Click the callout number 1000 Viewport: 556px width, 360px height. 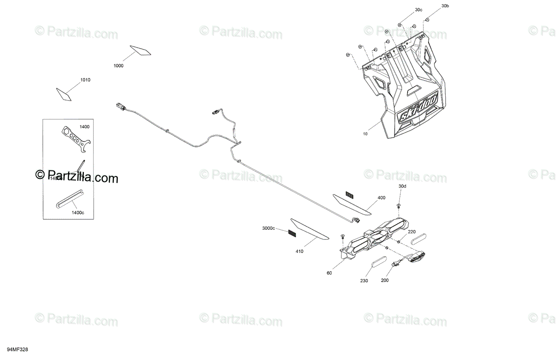tap(118, 66)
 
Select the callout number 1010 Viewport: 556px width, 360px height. tap(85, 80)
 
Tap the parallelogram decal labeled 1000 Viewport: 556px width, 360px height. tap(140, 50)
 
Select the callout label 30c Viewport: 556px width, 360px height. tap(418, 10)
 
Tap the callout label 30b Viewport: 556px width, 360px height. tap(445, 6)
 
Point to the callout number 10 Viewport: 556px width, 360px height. tap(365, 133)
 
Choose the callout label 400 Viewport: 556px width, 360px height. tap(381, 198)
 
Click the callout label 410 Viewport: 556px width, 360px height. tap(299, 252)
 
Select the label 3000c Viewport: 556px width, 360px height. tap(268, 228)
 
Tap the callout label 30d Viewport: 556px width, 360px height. tap(402, 186)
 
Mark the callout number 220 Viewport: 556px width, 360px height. tap(411, 232)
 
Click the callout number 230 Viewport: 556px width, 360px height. tap(364, 280)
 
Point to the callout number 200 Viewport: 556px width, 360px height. tap(385, 280)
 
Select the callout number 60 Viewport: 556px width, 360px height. tap(329, 273)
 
